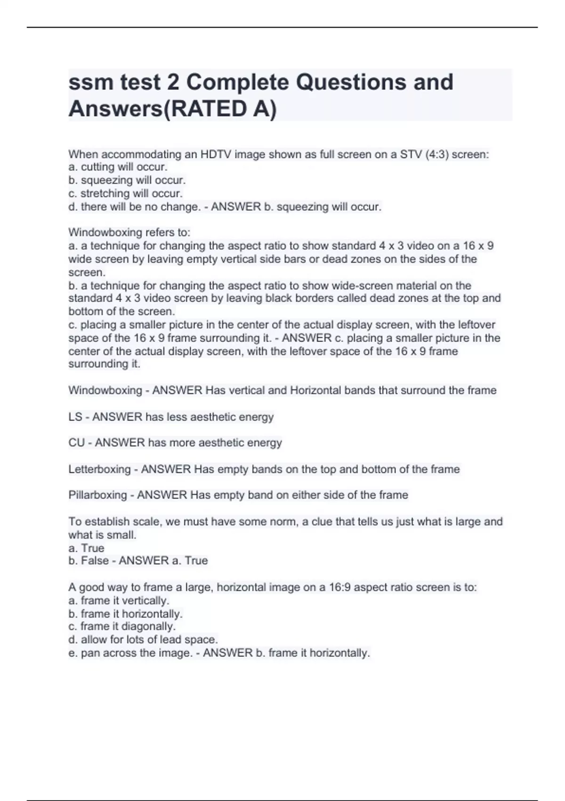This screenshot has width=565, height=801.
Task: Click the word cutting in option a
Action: [98, 167]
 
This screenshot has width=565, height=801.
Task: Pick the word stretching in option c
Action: [105, 193]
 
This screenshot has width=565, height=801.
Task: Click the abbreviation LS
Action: [75, 417]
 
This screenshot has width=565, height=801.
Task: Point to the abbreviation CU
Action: [77, 443]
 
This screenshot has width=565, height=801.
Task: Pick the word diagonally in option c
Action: [148, 627]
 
